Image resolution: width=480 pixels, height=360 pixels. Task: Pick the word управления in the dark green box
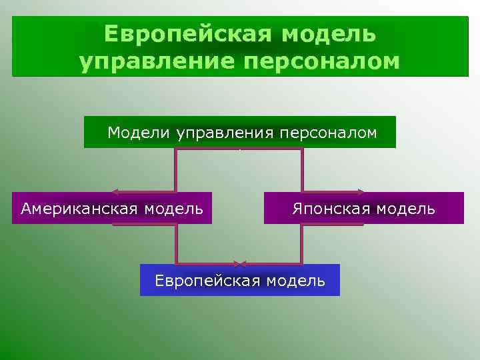225,133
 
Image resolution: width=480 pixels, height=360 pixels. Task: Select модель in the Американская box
175,209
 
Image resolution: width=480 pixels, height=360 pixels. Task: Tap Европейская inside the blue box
207,281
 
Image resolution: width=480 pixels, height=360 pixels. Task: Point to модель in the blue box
295,281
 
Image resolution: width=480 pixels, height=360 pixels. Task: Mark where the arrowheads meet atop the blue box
240,264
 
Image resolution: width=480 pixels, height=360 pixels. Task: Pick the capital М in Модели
113,132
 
